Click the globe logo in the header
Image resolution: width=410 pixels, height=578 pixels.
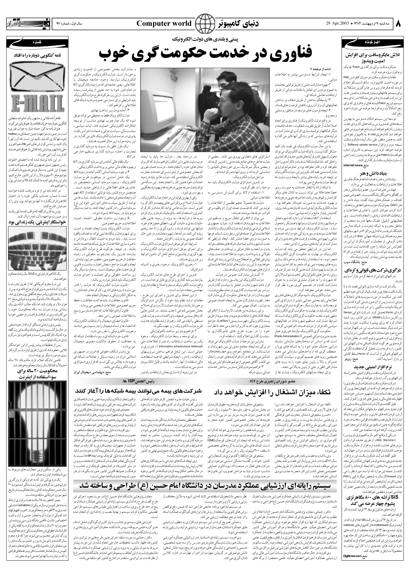coord(205,24)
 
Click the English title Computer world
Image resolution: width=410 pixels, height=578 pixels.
coord(164,24)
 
